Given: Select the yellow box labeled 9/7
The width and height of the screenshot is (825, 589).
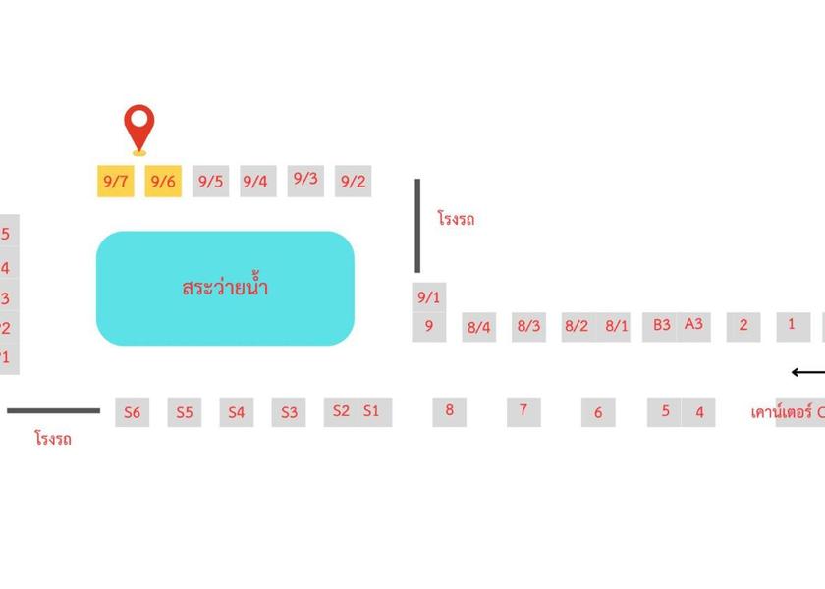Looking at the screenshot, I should [115, 182].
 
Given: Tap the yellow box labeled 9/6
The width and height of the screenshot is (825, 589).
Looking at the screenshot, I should [163, 182].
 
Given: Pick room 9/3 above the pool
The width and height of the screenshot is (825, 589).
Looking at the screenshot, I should [305, 180].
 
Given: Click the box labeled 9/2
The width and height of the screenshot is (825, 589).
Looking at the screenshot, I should [353, 182].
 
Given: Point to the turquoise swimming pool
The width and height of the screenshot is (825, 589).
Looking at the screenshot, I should [225, 289].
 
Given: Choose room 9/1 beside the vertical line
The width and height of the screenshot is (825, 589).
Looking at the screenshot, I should [429, 297].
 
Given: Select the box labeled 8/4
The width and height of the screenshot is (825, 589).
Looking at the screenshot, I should [478, 327].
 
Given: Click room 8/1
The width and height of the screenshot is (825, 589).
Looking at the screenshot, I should [616, 326].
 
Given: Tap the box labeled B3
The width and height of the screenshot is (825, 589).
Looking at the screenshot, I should [661, 325].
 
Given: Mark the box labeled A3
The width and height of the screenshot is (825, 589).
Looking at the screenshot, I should [693, 325].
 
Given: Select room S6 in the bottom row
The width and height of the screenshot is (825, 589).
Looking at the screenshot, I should [132, 413].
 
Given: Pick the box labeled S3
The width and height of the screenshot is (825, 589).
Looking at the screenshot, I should [289, 413].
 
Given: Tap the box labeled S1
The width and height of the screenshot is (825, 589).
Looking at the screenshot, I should [371, 412].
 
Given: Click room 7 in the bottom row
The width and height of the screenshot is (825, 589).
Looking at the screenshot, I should [523, 411].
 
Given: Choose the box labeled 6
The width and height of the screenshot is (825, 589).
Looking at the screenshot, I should [598, 413].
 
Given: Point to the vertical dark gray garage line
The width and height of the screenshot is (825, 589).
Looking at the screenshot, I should [417, 226].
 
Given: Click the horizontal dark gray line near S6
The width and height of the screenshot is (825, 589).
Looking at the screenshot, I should [54, 411].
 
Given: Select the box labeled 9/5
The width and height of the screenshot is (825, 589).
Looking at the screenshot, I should [210, 182].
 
